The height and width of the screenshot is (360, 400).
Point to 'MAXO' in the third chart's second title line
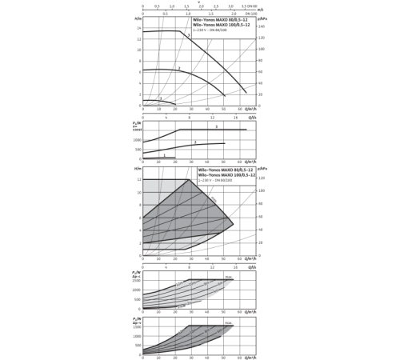[217, 175]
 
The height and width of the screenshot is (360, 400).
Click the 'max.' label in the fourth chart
[228, 278]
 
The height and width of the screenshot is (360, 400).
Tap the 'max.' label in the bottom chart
[228, 324]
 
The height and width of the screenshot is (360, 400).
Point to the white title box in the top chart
[225, 24]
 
